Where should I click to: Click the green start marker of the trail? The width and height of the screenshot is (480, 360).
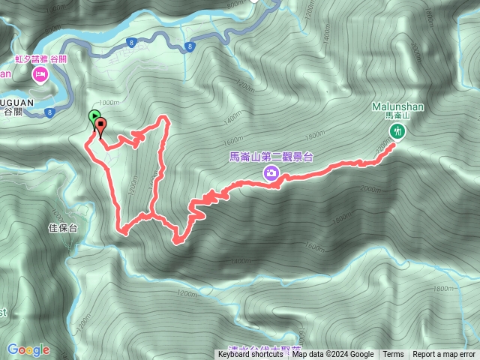[x=93, y=116]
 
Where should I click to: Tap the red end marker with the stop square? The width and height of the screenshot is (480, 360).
[x=99, y=125]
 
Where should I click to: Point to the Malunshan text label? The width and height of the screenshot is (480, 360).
[x=397, y=106]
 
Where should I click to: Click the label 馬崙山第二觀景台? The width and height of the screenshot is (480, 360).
[x=271, y=156]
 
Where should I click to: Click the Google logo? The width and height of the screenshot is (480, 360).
[x=28, y=349]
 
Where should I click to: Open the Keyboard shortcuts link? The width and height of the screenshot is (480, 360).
[x=250, y=355]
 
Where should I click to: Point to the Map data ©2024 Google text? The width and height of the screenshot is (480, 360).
[x=332, y=355]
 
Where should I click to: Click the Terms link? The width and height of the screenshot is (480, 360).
[x=393, y=355]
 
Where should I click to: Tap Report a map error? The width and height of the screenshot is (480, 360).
[x=444, y=355]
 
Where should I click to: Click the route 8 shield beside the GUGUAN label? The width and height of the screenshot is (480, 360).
[x=49, y=113]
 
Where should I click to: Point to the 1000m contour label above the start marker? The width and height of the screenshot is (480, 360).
[x=108, y=103]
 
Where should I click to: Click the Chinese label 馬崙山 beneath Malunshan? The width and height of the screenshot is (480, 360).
[x=397, y=116]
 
